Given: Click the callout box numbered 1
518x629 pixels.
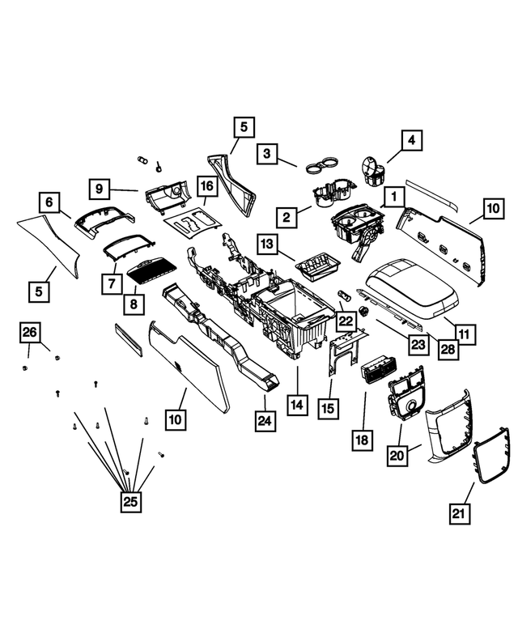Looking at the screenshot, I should (x=393, y=197).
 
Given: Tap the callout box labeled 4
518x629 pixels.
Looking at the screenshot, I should (x=411, y=141).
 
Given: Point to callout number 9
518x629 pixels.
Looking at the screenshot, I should (x=99, y=189).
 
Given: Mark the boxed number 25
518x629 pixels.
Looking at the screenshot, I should (x=129, y=501).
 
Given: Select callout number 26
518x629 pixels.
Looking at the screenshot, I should (x=29, y=333).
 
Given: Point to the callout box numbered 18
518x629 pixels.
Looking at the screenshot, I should (x=362, y=440).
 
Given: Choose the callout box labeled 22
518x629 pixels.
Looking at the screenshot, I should (x=346, y=321).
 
